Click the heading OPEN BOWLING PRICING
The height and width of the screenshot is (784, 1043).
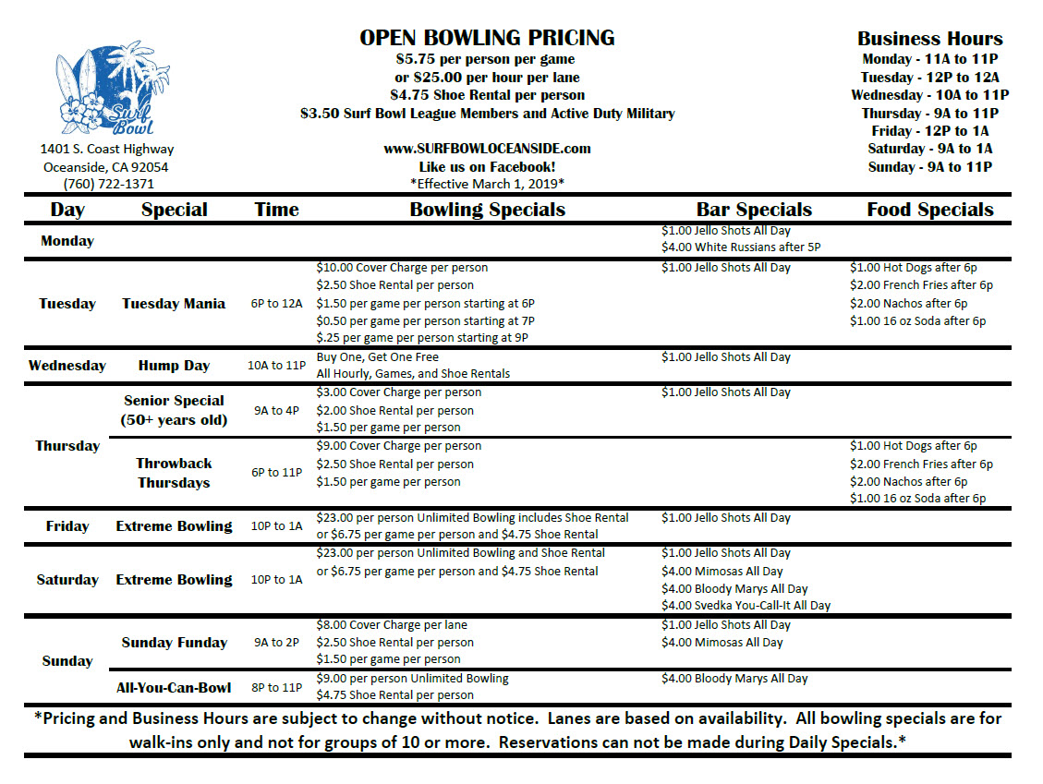(487, 38)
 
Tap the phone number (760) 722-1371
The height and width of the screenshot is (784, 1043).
(108, 184)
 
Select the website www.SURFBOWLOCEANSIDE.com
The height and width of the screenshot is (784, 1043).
(487, 148)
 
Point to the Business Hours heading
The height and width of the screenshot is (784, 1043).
(929, 39)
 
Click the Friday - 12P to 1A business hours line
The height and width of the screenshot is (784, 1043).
(929, 131)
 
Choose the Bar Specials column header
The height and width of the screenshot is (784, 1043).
(754, 210)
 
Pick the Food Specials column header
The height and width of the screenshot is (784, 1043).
(929, 210)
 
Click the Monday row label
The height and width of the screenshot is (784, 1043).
(67, 241)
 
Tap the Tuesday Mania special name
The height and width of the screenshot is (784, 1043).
(174, 304)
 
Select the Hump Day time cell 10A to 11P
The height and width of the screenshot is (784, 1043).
(277, 366)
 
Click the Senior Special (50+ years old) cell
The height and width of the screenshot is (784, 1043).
(174, 410)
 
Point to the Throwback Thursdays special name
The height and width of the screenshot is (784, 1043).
(174, 473)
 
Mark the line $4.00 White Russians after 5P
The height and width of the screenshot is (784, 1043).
(741, 247)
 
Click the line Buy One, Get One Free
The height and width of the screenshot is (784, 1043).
(378, 357)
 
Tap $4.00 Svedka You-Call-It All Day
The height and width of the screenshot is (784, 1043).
(746, 606)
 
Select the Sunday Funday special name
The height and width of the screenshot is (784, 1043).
(174, 643)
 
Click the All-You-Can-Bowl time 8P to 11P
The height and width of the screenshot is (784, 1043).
(277, 687)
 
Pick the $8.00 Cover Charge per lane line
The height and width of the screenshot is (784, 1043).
(392, 625)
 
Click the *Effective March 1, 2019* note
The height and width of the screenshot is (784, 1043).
(487, 184)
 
